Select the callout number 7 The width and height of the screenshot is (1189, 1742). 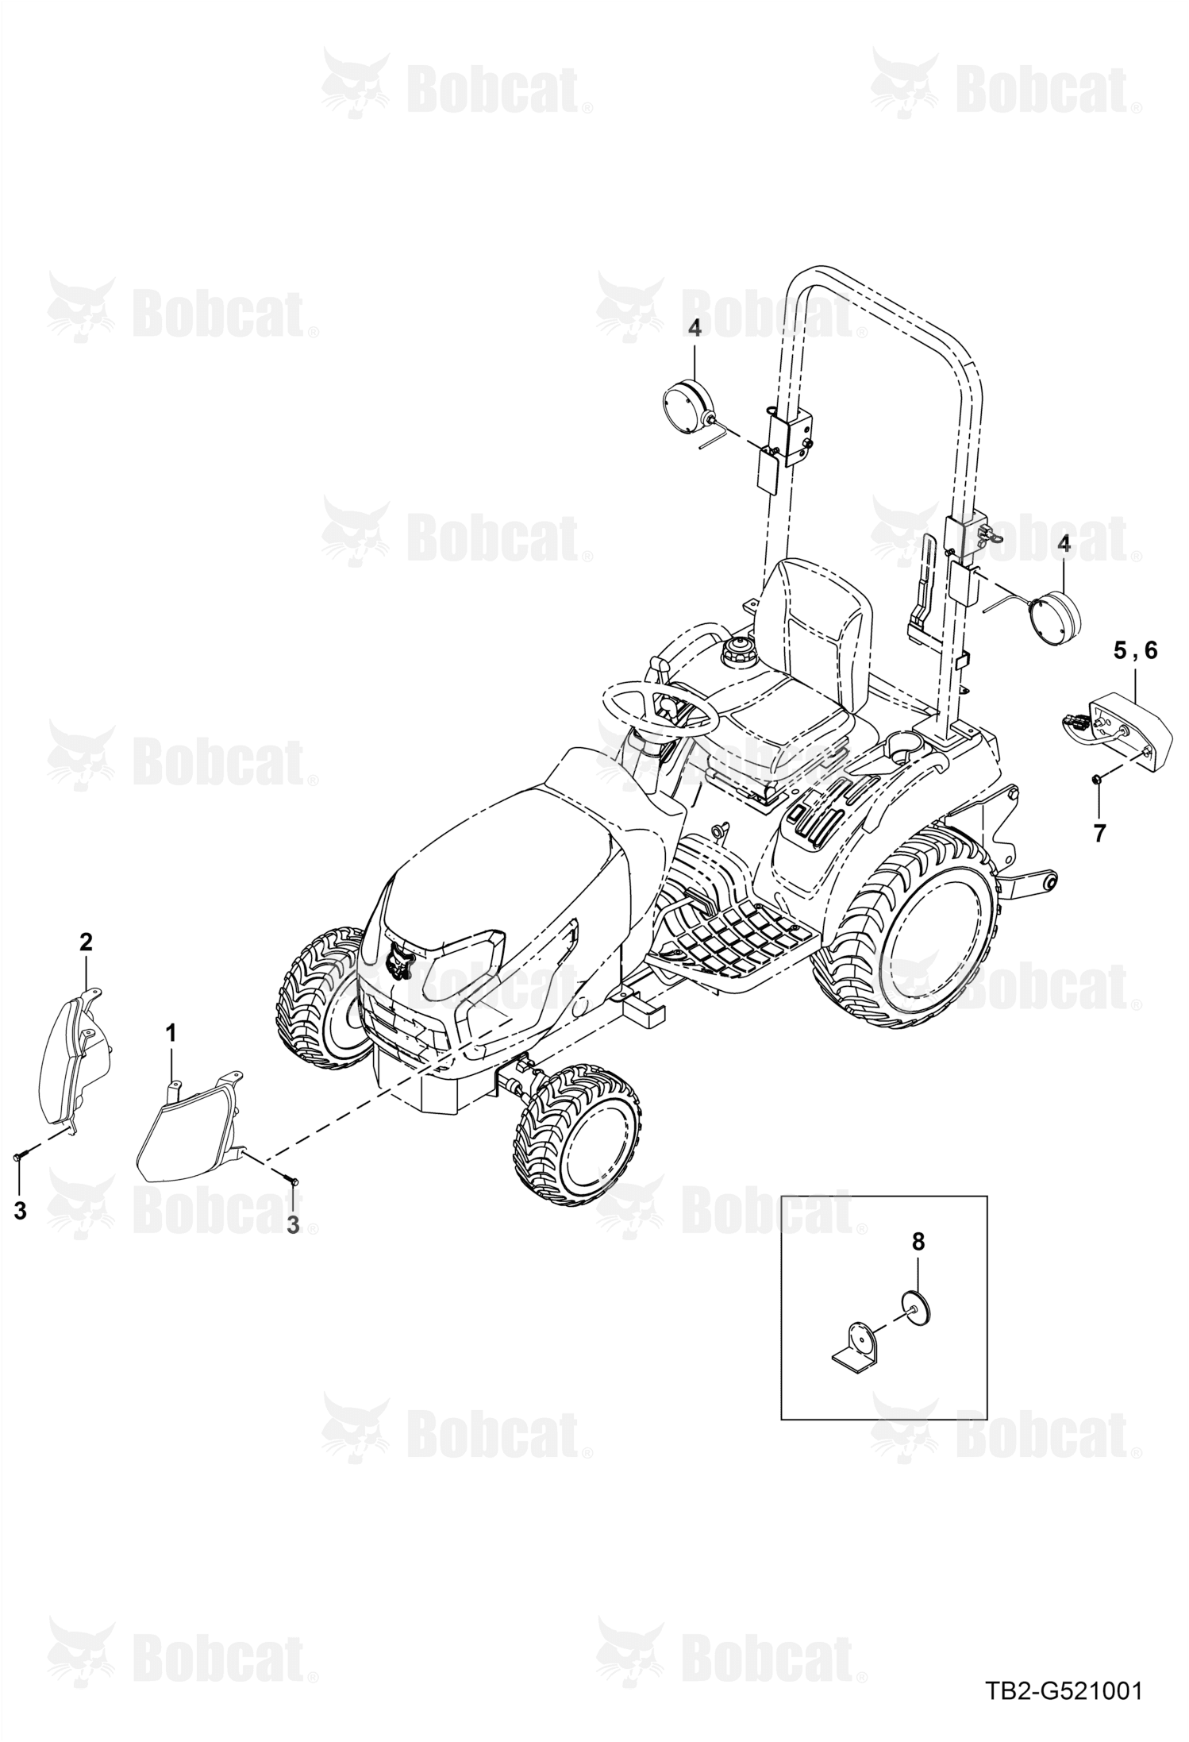pos(1099,833)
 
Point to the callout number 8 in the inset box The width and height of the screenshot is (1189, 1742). pos(918,1242)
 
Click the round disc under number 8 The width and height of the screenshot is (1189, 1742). pos(916,1305)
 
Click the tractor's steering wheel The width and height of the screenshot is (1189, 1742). pos(660,709)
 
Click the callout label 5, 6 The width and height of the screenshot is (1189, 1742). pos(1135,651)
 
